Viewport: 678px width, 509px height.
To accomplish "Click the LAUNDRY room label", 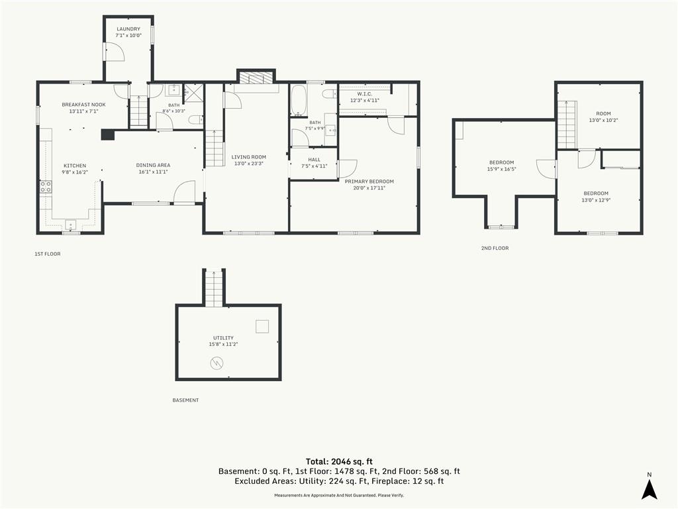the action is click(128, 29).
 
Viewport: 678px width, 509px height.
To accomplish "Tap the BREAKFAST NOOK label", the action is click(83, 105).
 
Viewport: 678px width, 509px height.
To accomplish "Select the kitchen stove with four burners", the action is click(46, 187).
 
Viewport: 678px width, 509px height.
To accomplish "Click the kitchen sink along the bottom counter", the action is click(70, 224).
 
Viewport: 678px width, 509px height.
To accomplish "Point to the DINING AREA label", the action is click(153, 165).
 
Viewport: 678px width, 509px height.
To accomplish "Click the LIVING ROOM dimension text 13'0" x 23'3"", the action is click(249, 164).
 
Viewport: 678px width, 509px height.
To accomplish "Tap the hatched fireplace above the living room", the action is click(256, 78).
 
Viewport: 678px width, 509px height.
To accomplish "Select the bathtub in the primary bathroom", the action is click(299, 101).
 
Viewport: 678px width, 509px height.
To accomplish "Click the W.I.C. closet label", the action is click(365, 94).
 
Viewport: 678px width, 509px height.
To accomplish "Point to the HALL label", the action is click(315, 160).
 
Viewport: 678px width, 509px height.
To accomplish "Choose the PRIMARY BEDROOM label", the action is click(369, 182).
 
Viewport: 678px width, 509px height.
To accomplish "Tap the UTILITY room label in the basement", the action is click(223, 338).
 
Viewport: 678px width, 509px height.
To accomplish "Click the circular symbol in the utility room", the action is click(217, 363).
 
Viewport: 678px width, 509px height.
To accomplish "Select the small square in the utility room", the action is click(262, 326).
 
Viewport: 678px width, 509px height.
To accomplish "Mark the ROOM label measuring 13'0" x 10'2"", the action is click(604, 114).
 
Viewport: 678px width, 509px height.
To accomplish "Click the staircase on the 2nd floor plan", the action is click(567, 125).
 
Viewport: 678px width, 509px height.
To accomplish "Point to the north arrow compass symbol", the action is click(649, 488).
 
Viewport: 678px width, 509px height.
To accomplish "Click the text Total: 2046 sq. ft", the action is click(339, 461).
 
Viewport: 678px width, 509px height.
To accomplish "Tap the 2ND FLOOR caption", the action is click(495, 248).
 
